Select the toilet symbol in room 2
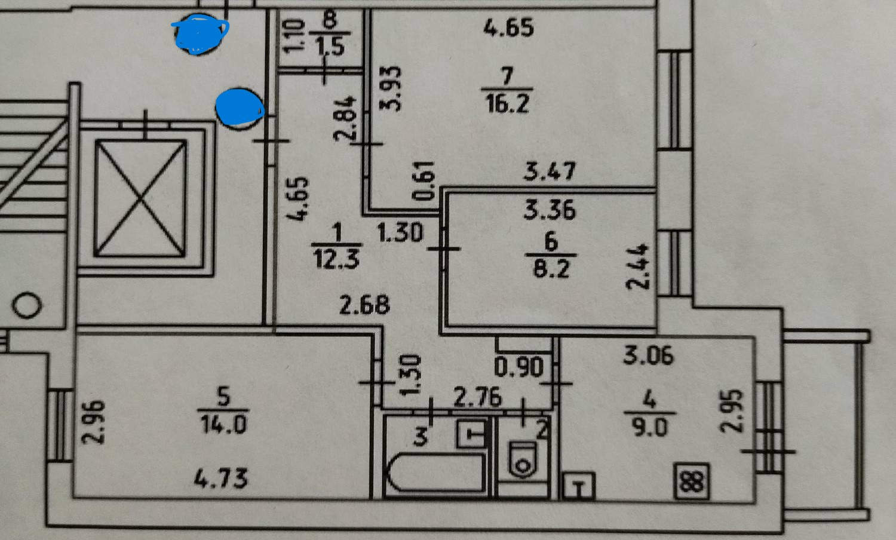[x=523, y=459]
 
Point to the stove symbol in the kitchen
[x=692, y=481]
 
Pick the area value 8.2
[x=551, y=269]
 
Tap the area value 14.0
[x=223, y=425]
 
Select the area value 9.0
[x=649, y=427]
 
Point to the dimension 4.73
[x=222, y=478]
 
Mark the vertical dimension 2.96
[x=93, y=422]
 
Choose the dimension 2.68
[x=364, y=305]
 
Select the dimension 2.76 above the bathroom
[x=477, y=397]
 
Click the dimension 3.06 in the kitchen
[x=648, y=355]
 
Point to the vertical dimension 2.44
[x=639, y=266]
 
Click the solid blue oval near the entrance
[x=239, y=108]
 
